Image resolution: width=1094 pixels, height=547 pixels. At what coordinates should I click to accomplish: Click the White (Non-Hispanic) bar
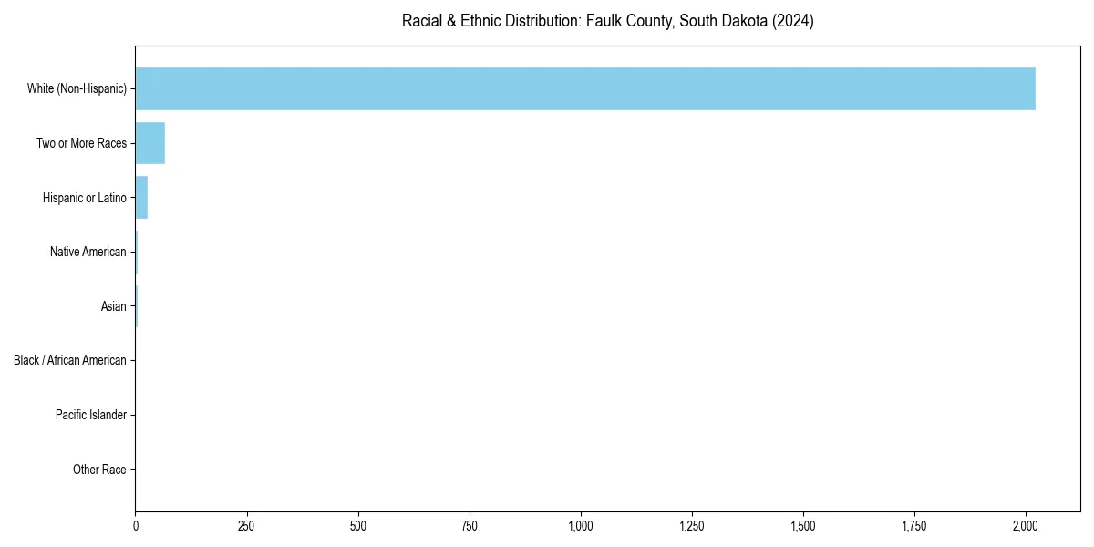pos(584,88)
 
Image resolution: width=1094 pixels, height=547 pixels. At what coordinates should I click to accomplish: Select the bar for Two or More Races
pos(150,143)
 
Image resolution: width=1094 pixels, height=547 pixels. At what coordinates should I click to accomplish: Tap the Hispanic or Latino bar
pos(141,198)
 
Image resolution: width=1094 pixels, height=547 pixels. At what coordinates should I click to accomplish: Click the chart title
pos(607,21)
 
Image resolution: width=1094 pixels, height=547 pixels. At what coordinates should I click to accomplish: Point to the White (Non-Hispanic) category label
pos(77,88)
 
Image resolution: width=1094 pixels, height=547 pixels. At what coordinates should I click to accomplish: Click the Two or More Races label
pos(81,143)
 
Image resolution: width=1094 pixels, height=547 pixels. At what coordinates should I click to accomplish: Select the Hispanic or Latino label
pos(84,198)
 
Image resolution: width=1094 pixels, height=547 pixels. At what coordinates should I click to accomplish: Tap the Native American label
pos(88,252)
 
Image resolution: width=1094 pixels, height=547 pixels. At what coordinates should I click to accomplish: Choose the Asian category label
pos(113,306)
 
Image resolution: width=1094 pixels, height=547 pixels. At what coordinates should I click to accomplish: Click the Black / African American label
pos(69,360)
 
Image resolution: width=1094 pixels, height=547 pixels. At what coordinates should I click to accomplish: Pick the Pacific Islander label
pos(90,415)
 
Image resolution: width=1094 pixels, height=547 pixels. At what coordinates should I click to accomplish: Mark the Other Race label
pos(99,470)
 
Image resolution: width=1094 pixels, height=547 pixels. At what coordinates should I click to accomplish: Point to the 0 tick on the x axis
pos(136,526)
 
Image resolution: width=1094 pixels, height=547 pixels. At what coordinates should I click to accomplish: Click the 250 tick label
pos(246,526)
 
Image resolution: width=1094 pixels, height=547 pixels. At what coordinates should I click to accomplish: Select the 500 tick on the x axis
pos(358,526)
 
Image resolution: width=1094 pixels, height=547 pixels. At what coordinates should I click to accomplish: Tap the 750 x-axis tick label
pos(470,526)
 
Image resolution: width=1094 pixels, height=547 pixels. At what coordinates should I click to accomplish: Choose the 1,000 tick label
pos(581,526)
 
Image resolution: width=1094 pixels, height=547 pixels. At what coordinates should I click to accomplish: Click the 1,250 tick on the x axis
pos(692,526)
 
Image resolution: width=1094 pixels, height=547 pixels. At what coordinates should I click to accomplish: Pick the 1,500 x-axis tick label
pos(803,526)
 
